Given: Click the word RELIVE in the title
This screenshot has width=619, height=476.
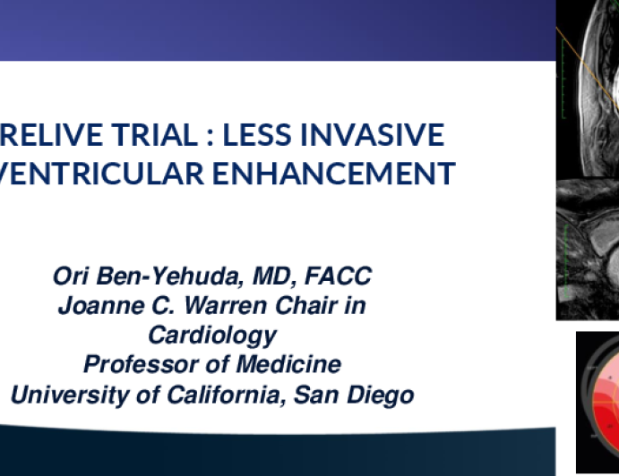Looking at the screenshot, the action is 52,135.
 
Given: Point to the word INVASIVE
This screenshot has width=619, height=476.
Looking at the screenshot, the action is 373,135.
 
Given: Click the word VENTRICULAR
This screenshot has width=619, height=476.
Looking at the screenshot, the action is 101,173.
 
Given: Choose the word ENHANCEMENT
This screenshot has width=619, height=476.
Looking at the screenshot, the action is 334,173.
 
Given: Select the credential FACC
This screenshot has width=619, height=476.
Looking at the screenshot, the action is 339,276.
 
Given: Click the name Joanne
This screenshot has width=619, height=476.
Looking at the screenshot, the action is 101,306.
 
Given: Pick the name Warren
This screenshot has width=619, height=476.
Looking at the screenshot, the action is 226,306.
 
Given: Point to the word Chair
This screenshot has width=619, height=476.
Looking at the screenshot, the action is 306,306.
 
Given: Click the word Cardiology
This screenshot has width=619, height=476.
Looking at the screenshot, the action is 212,336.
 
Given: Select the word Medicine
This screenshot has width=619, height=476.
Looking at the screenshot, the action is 289,364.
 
